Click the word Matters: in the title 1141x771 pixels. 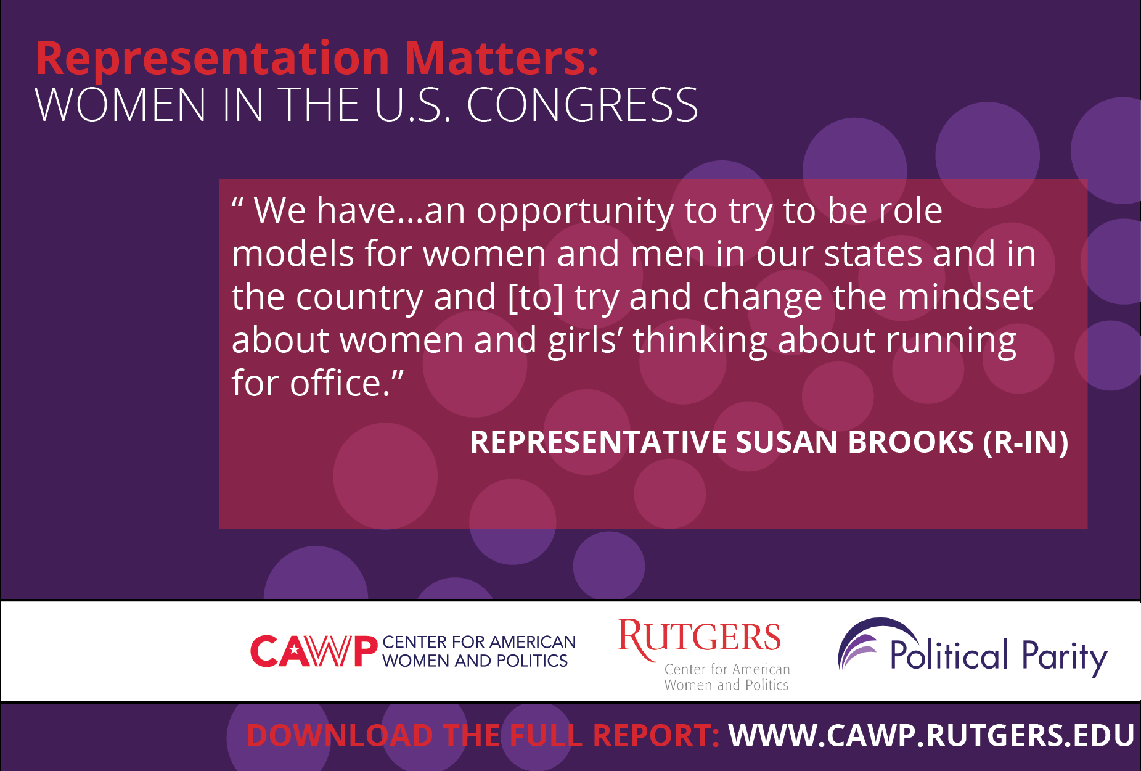tap(502, 58)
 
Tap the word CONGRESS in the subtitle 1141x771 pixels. tap(582, 104)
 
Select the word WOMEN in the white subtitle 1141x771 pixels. tap(120, 104)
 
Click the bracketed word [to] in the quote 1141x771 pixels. tap(536, 297)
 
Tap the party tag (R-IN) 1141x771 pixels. tap(1026, 442)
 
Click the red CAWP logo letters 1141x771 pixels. tap(314, 651)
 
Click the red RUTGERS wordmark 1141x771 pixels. tap(699, 638)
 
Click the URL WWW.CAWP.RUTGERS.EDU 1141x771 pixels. tap(931, 735)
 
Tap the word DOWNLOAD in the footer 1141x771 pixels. tap(340, 735)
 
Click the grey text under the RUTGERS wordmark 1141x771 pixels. tap(727, 677)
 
